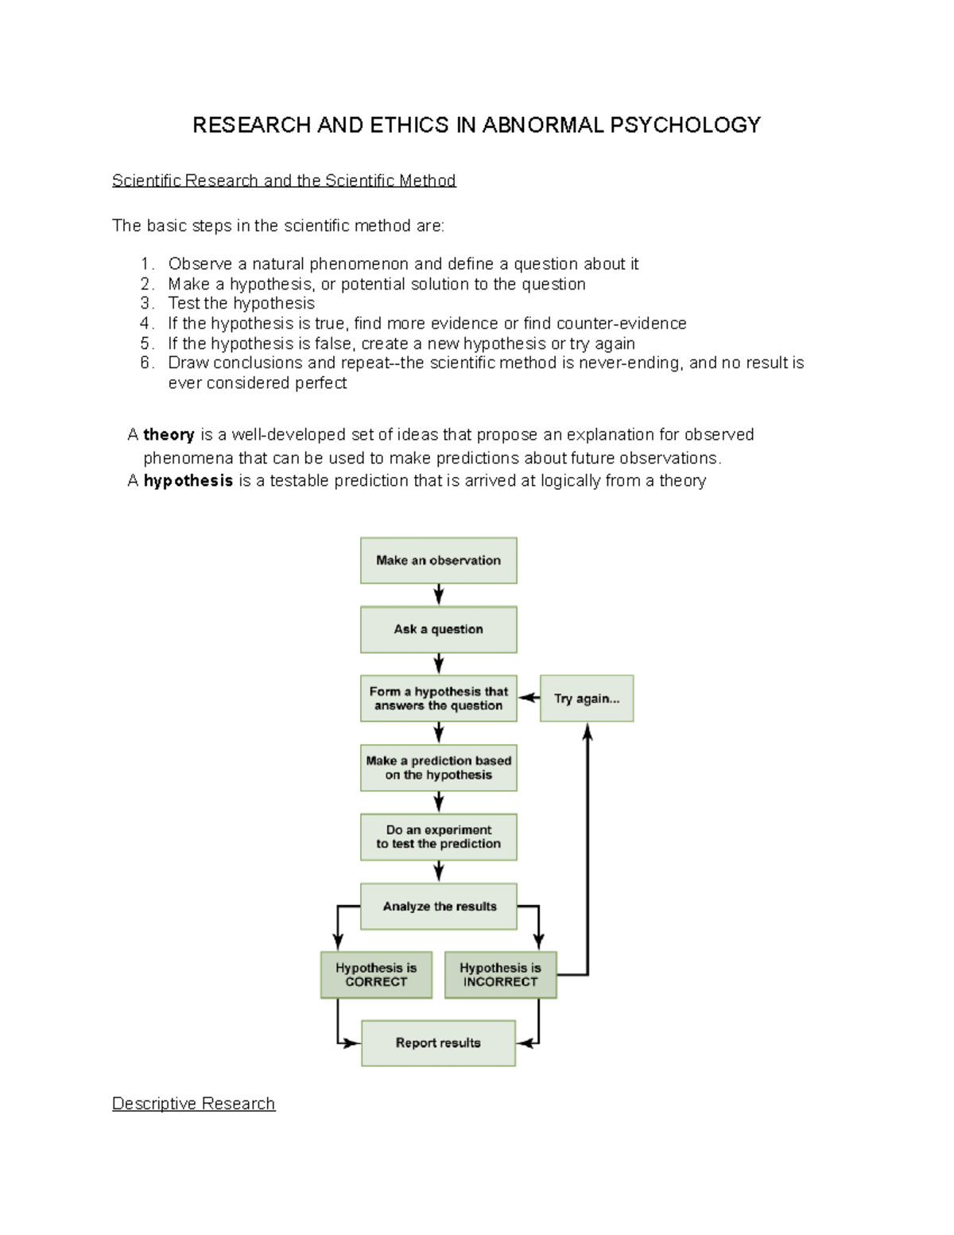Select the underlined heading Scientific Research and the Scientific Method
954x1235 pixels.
284,181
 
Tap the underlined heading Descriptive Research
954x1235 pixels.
193,1103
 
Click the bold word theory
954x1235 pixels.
169,434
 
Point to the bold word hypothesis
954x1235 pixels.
188,480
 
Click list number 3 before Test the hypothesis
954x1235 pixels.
145,303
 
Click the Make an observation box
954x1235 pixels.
438,561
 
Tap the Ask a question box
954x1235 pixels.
438,629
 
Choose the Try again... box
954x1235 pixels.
587,698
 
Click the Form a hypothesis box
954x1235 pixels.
438,698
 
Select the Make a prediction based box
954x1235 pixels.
438,767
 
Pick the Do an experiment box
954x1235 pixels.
438,837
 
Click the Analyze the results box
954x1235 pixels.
438,906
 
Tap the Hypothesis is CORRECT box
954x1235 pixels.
376,975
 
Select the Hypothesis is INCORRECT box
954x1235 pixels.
500,975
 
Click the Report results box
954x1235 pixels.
438,1043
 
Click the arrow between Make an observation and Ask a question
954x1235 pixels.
438,595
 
